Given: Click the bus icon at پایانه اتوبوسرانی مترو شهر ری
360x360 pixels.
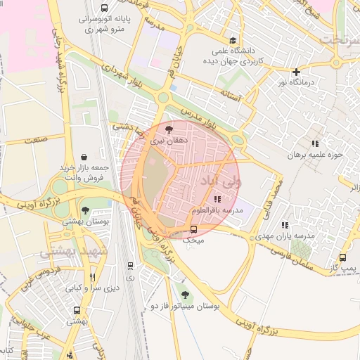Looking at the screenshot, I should pyautogui.click(x=104, y=9).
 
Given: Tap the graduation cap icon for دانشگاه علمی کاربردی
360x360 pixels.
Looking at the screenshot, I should pyautogui.click(x=233, y=40).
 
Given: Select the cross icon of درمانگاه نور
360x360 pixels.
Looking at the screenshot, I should pyautogui.click(x=297, y=72).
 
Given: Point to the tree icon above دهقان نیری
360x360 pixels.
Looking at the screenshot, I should pyautogui.click(x=168, y=129).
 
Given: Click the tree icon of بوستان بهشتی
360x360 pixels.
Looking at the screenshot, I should pyautogui.click(x=85, y=210).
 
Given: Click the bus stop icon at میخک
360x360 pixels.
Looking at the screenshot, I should pyautogui.click(x=194, y=229).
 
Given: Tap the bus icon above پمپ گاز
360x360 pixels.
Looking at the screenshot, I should pyautogui.click(x=342, y=258).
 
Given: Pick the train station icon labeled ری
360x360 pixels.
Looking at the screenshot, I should pyautogui.click(x=130, y=265).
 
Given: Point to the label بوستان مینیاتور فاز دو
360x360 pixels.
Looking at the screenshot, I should pyautogui.click(x=186, y=307).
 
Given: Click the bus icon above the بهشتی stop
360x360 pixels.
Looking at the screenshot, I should pyautogui.click(x=76, y=310).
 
